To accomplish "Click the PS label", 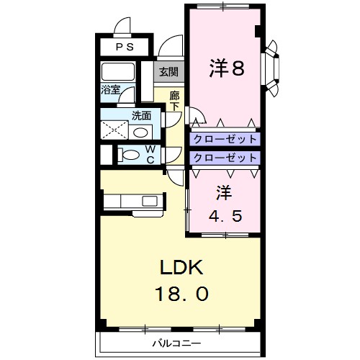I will click(x=126, y=48).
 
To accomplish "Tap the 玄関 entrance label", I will click(x=170, y=71).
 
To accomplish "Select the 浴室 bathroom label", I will click(x=110, y=91).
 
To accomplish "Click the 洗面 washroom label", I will click(x=141, y=114).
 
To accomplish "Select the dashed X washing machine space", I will click(x=115, y=130).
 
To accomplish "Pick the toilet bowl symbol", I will click(x=130, y=154).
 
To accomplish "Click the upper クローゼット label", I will click(x=224, y=139).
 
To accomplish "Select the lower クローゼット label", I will click(x=224, y=157).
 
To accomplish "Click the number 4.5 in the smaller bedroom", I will click(x=224, y=214).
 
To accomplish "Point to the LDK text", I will click(x=183, y=268).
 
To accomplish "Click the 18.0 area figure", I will click(x=183, y=294).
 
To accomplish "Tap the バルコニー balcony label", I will click(x=177, y=342).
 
